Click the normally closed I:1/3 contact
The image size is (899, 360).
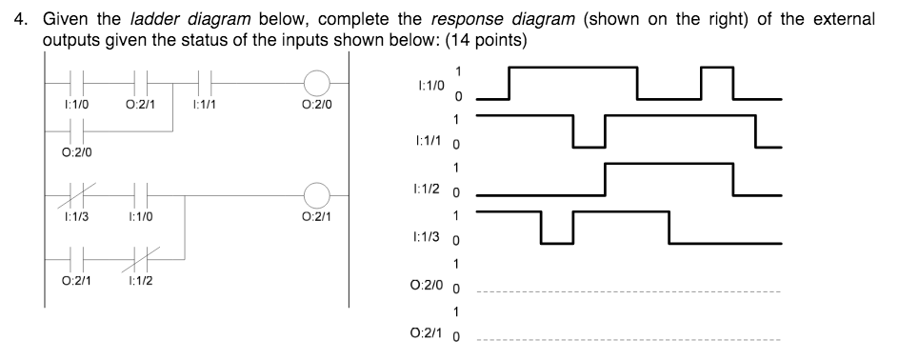(x=70, y=198)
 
